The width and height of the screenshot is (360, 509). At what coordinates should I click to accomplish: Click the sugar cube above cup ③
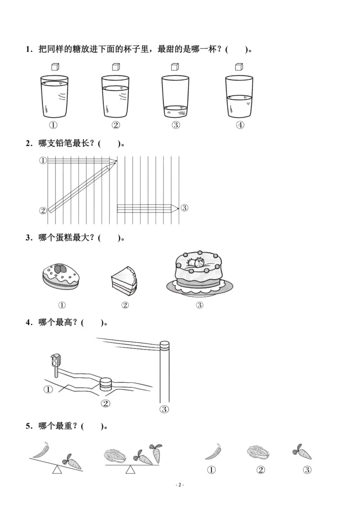(175, 67)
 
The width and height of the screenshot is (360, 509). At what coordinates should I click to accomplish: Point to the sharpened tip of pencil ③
(177, 208)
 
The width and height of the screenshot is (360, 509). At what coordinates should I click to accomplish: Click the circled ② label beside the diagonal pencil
(43, 210)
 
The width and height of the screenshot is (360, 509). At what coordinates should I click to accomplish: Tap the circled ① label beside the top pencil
(43, 160)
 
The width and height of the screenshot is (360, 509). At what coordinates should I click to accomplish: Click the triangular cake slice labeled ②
(123, 281)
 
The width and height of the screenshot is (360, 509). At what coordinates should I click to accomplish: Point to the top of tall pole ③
(165, 345)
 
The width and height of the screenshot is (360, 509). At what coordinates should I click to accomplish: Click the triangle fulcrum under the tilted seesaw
(57, 470)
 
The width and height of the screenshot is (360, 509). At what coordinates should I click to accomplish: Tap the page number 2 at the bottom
(180, 485)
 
